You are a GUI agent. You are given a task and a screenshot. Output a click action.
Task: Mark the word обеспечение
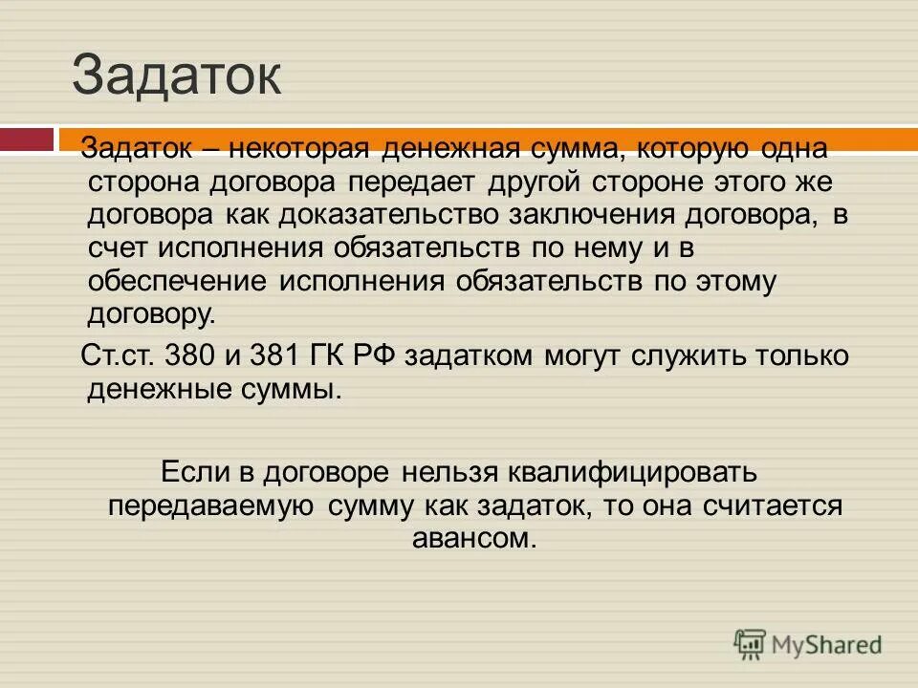178,281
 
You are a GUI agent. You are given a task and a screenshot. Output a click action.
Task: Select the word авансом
472,538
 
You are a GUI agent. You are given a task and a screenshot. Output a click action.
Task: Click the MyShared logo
808,644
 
